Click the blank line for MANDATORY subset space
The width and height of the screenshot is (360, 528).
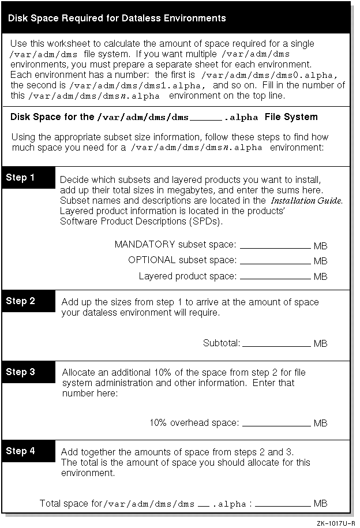pyautogui.click(x=275, y=246)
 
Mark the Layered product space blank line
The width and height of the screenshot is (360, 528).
pyautogui.click(x=275, y=278)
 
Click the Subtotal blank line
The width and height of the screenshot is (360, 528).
pyautogui.click(x=276, y=345)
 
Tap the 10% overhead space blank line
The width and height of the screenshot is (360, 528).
pyautogui.click(x=276, y=425)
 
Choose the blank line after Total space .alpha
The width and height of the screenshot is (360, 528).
pyautogui.click(x=283, y=505)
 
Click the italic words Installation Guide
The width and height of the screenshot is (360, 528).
pyautogui.click(x=307, y=201)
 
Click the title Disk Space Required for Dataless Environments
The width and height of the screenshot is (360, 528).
pyautogui.click(x=117, y=18)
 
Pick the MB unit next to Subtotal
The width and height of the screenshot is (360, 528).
pyautogui.click(x=320, y=344)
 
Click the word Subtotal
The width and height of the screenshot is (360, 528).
pyautogui.click(x=221, y=343)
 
